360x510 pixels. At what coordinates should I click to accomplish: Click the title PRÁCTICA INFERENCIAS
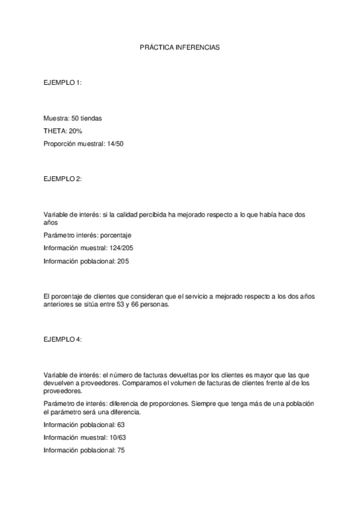[180, 46]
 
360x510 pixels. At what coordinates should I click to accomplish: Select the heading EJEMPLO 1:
[62, 82]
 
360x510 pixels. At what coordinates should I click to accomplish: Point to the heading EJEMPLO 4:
[62, 339]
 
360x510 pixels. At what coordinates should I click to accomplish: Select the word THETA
[54, 131]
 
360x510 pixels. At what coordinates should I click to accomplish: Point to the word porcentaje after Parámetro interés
[115, 235]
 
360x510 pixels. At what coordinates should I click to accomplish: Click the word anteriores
[59, 304]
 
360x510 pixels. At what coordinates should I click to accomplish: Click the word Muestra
[56, 118]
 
